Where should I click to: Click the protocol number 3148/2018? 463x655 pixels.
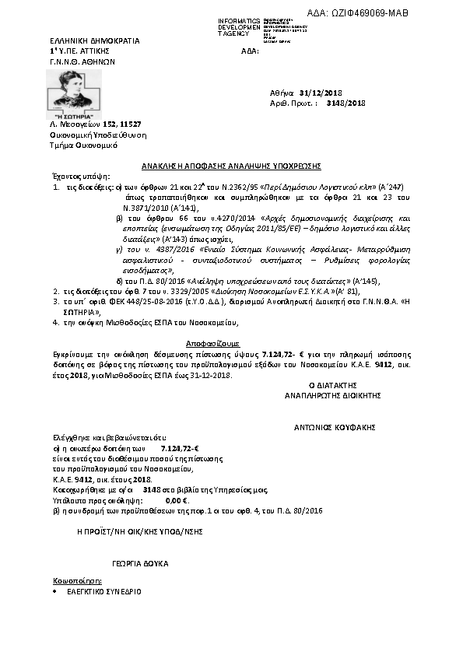point(345,103)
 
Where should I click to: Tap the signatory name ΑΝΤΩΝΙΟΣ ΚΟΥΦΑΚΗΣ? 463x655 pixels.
point(335,427)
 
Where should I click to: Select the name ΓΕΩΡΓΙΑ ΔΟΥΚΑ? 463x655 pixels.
point(140,562)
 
